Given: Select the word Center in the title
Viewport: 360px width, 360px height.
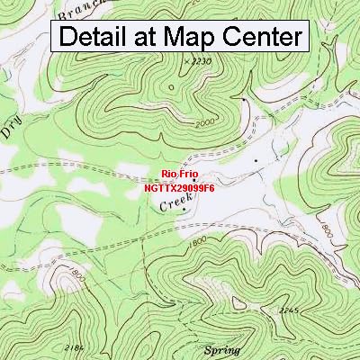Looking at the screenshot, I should [x=262, y=37].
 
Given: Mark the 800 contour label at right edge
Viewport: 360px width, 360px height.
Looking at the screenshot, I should [x=327, y=231].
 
